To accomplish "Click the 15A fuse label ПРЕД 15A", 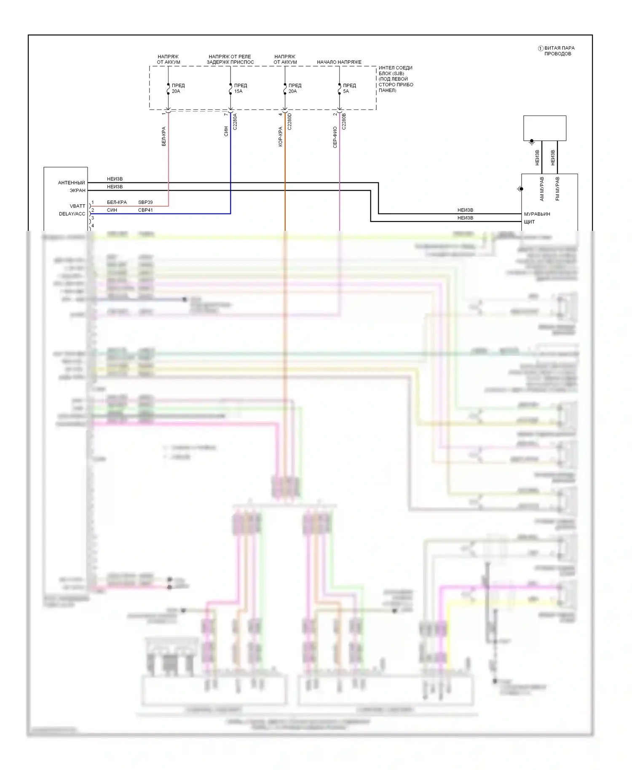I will click(x=241, y=88).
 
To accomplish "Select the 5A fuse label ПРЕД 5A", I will click(x=349, y=88).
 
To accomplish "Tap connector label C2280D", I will click(x=289, y=121).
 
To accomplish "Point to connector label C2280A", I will click(x=235, y=121).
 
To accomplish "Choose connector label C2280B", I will click(x=344, y=121).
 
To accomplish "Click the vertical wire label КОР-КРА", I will click(x=281, y=137).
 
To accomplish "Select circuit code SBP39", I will click(x=145, y=202).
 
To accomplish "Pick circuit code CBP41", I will click(x=145, y=210).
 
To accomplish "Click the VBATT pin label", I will click(x=78, y=206).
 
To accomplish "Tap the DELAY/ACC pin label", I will click(x=72, y=214).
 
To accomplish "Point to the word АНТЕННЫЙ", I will click(x=71, y=183).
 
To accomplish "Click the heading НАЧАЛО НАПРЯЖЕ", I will click(x=339, y=62).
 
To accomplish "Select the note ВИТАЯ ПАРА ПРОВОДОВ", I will click(x=559, y=51).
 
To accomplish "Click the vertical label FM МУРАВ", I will click(x=557, y=189).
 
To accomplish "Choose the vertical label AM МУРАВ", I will click(x=542, y=189).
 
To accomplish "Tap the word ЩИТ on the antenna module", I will click(x=529, y=222).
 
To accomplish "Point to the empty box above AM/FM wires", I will click(x=545, y=128).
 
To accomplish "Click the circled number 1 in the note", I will click(x=541, y=48).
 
